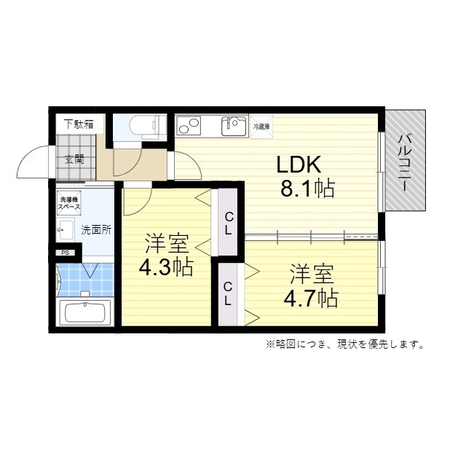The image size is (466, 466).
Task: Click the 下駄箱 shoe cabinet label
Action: tap(78, 124)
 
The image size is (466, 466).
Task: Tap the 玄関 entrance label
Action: tap(74, 159)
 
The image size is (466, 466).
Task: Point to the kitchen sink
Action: tap(234, 126)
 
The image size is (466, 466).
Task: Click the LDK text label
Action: tap(297, 164)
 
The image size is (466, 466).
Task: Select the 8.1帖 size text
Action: tap(307, 189)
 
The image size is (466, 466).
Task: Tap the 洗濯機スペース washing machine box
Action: tap(71, 204)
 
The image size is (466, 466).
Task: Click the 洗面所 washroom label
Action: tap(95, 229)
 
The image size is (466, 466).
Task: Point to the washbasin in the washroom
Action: tap(62, 229)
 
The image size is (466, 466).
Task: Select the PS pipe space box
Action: tap(65, 253)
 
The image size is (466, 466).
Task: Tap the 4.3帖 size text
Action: tap(166, 267)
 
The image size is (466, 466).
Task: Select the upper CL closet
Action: tap(228, 223)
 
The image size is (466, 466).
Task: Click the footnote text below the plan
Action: tap(344, 344)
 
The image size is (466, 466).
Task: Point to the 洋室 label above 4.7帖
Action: tap(312, 275)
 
